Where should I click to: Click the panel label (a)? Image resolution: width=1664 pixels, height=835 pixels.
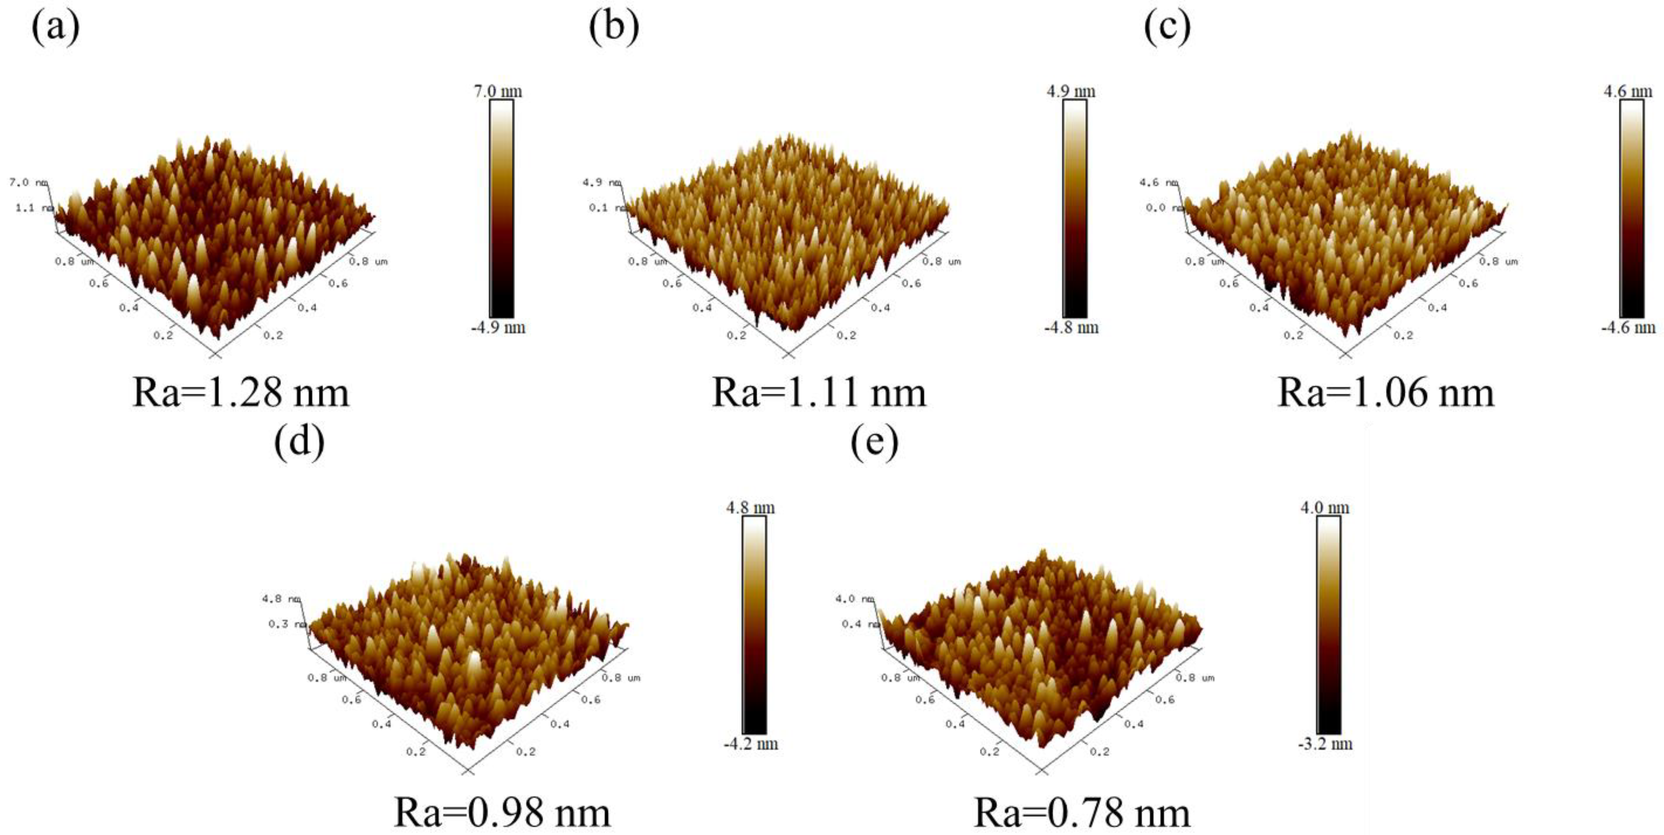[x=56, y=28]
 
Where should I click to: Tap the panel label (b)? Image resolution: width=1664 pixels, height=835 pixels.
[x=614, y=28]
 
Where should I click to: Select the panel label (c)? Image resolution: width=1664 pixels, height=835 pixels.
[x=1167, y=28]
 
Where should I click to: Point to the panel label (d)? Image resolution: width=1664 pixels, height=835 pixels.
[x=299, y=443]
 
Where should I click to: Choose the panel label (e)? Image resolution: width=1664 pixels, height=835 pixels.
[x=874, y=443]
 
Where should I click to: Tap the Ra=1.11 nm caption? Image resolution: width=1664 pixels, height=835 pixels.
[x=818, y=392]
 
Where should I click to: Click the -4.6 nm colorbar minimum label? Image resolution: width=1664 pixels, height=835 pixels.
[x=1628, y=327]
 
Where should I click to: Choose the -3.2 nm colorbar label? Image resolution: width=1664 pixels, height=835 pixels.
[x=1325, y=743]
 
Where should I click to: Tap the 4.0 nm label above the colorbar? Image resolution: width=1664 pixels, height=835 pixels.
[x=1325, y=508]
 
